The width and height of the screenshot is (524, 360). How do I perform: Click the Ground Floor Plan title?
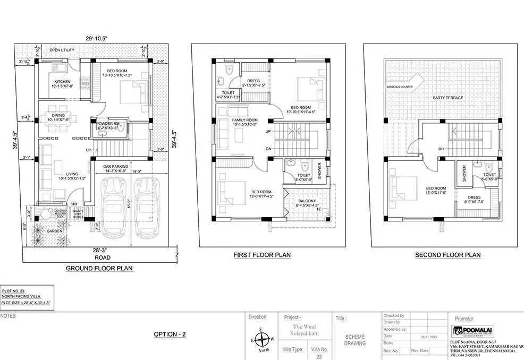click(x=99, y=268)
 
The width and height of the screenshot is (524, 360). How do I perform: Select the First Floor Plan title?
click(x=262, y=255)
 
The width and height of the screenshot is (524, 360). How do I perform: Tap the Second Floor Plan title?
click(x=447, y=255)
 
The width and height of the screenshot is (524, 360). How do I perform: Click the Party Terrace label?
click(x=447, y=98)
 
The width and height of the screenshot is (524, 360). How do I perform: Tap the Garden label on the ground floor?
click(x=54, y=231)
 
